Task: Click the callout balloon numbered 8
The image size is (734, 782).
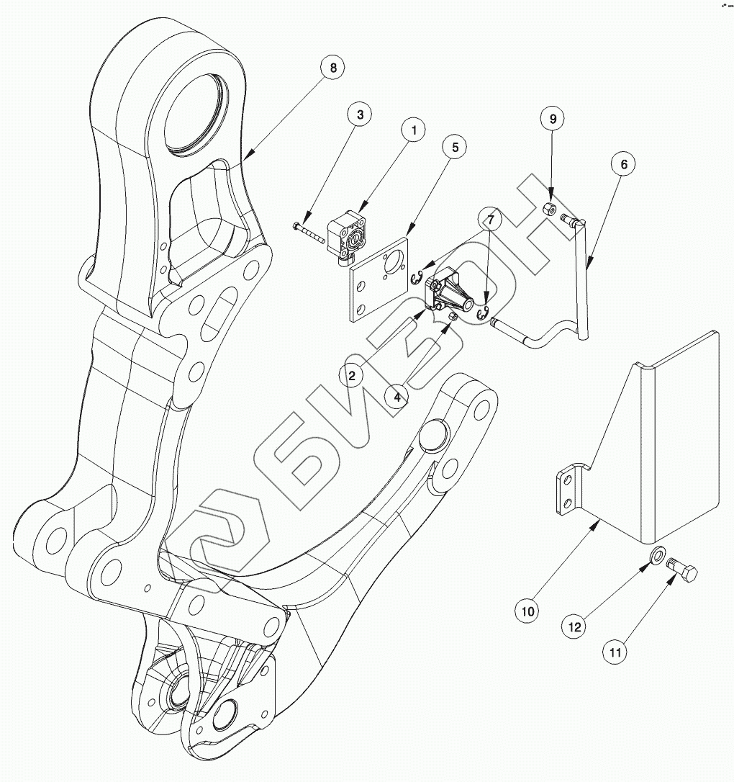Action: [x=332, y=68]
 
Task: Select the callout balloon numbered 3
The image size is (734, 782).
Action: [x=359, y=114]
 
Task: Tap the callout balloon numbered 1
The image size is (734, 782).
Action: [x=414, y=130]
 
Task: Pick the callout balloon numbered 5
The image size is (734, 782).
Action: [x=455, y=146]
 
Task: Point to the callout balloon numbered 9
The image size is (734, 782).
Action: [x=553, y=119]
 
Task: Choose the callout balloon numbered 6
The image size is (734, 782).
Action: [x=623, y=164]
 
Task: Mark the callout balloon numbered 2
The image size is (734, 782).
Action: [x=351, y=374]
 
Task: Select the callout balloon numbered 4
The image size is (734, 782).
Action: [x=397, y=395]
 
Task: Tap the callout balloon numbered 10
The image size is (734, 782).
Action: [x=527, y=611]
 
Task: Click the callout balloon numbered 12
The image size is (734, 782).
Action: [x=575, y=626]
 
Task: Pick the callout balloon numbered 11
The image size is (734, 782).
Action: [x=617, y=652]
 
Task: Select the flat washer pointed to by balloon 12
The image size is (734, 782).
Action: [x=656, y=555]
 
